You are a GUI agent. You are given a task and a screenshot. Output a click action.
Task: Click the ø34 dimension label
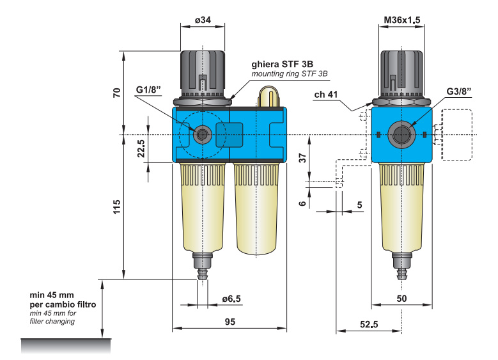(x=203, y=20)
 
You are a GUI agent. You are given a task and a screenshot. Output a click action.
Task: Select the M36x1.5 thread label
(x=401, y=20)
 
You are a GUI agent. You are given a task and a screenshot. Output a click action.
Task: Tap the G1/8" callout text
(x=148, y=90)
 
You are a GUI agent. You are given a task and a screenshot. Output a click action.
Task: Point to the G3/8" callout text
(x=458, y=91)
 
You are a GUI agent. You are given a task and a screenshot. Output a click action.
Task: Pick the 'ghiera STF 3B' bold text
(x=282, y=64)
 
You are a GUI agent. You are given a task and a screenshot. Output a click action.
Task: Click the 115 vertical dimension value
(x=117, y=207)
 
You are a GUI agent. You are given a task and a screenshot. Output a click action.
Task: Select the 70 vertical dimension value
(x=117, y=93)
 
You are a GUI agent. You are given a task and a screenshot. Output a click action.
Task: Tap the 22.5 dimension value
(x=142, y=149)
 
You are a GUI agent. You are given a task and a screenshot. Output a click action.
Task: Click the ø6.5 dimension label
(x=231, y=299)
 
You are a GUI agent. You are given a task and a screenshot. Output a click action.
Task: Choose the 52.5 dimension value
(x=368, y=324)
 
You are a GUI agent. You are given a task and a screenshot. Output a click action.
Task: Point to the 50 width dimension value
(x=401, y=299)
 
